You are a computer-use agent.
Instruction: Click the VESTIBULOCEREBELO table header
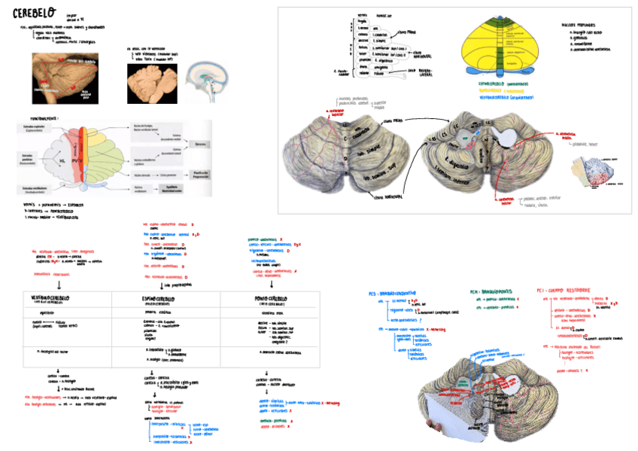(47, 299)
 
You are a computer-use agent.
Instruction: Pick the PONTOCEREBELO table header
(268, 299)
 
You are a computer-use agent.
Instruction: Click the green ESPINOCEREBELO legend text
(508, 90)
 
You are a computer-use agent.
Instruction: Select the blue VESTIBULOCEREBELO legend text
(512, 96)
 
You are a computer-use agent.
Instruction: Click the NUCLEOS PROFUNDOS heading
(579, 24)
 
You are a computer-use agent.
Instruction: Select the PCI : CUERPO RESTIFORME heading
(564, 289)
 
